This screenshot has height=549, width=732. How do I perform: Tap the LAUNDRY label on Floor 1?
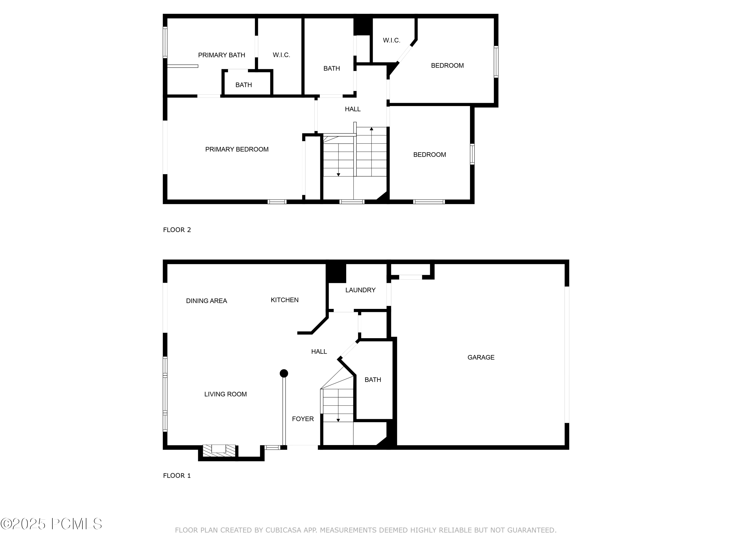[x=360, y=290]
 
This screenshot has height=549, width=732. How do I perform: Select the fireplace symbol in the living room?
[x=219, y=450]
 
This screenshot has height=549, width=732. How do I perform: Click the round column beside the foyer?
[x=284, y=374]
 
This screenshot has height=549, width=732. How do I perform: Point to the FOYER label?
[x=303, y=419]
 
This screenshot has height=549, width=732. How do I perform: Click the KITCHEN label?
[x=284, y=300]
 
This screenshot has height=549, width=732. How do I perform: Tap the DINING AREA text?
[x=206, y=301]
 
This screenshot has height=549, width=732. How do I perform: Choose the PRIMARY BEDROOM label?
[x=237, y=150]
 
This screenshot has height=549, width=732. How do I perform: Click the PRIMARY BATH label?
[x=221, y=55]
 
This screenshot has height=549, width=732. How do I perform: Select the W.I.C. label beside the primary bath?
[x=281, y=55]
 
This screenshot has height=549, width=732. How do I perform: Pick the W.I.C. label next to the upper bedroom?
[x=391, y=40]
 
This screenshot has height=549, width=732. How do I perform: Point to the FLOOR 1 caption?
[x=177, y=476]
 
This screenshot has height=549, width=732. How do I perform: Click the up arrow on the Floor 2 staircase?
[x=371, y=129]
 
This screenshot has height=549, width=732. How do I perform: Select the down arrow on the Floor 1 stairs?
[x=338, y=420]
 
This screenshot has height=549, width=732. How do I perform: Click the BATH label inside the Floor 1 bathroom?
[x=373, y=380]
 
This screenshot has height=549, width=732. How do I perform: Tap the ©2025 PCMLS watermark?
[x=51, y=524]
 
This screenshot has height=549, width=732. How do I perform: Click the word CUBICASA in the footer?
[x=283, y=530]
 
